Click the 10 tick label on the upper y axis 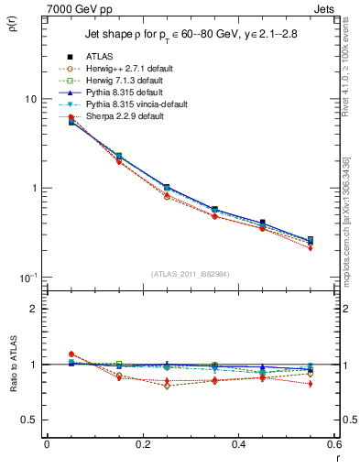click(x=31, y=99)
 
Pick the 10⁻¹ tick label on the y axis click(x=29, y=277)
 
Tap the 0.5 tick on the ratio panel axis click(x=30, y=420)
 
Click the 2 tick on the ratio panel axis click(x=35, y=309)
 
